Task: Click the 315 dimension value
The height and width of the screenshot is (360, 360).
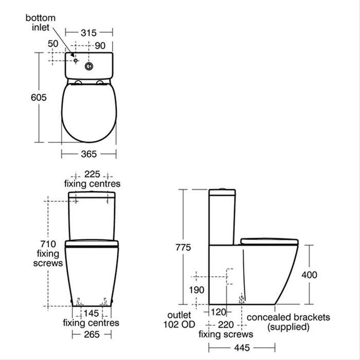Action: [89, 32]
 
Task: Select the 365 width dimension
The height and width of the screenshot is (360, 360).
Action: [89, 154]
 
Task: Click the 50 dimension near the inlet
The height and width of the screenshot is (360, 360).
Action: [53, 44]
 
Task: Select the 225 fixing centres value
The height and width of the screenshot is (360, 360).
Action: [92, 174]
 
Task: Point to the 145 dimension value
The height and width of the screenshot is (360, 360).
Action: [93, 313]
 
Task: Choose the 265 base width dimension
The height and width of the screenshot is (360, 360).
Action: [91, 334]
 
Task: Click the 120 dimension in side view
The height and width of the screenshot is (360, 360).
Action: [218, 312]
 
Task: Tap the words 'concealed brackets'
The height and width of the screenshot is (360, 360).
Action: [289, 317]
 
